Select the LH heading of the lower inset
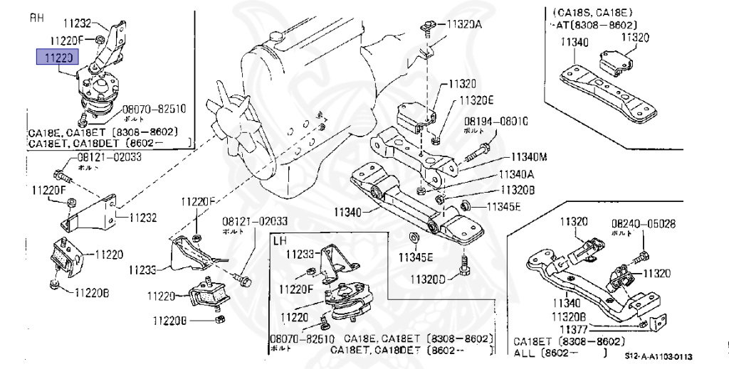click(280, 241)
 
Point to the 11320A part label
click(464, 24)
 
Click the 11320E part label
click(476, 100)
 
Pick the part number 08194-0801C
click(496, 122)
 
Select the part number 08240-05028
click(643, 224)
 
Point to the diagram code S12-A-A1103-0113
click(659, 356)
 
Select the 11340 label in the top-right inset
click(574, 43)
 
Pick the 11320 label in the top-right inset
click(634, 37)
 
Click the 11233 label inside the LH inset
click(300, 253)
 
